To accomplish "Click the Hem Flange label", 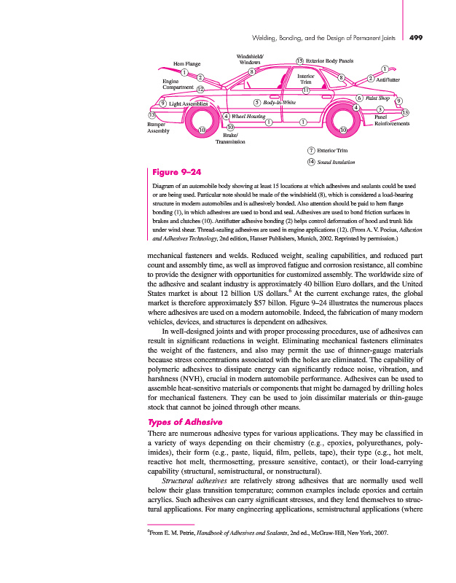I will coord(186,64).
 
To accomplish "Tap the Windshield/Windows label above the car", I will coord(251,59).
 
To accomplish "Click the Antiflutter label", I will coord(388,78).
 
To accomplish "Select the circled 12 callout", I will coord(200,87).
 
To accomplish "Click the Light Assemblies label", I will coord(188,103).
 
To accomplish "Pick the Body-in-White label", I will coord(279,102).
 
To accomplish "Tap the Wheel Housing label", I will coord(248,116).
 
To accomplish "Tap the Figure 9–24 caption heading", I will coord(173,173).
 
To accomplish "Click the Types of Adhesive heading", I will coord(185,423).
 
